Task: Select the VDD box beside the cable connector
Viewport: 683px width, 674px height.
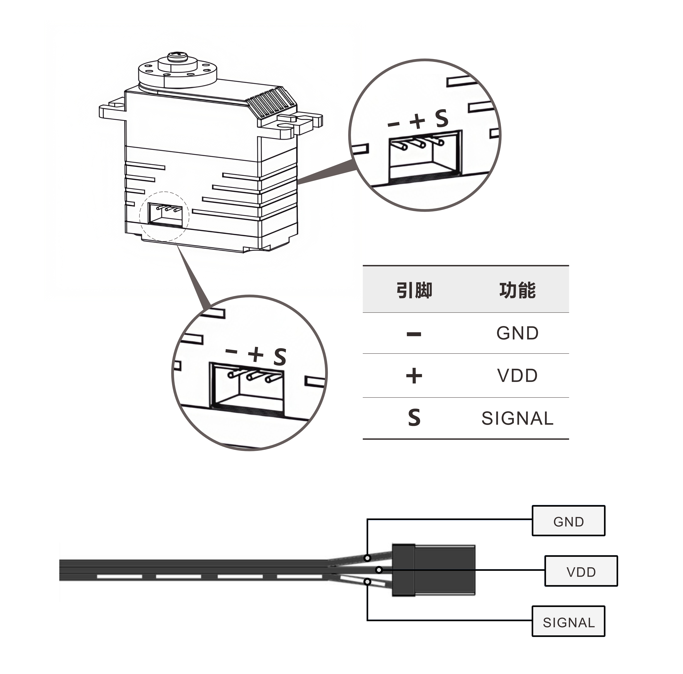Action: click(x=581, y=572)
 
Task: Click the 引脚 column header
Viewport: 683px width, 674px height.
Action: click(x=414, y=290)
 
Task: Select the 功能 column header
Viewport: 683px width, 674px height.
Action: click(x=517, y=290)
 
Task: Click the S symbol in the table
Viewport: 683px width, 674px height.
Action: click(x=414, y=418)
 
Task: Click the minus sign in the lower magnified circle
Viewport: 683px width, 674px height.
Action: click(x=231, y=351)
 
